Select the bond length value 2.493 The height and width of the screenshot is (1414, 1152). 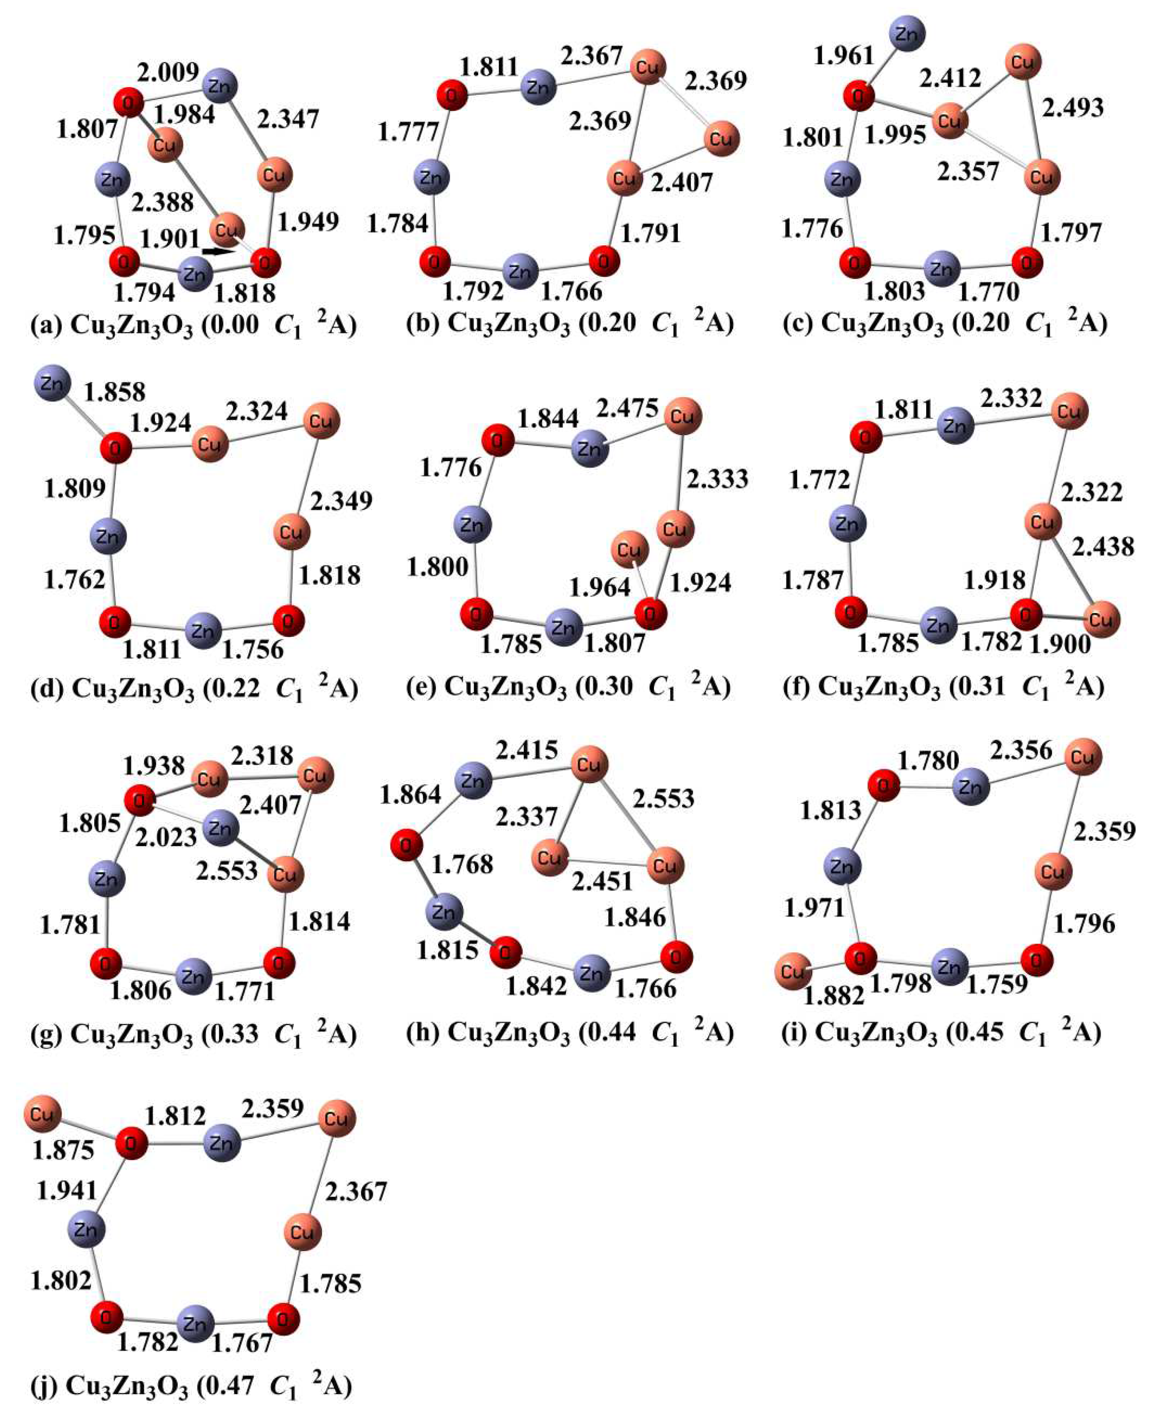pos(1073,107)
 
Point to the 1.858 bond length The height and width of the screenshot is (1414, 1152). pos(114,392)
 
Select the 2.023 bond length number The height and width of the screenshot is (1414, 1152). pos(166,837)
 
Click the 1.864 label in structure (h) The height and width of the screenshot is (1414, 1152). pos(410,794)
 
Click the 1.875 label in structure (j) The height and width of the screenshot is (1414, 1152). pos(63,1149)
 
